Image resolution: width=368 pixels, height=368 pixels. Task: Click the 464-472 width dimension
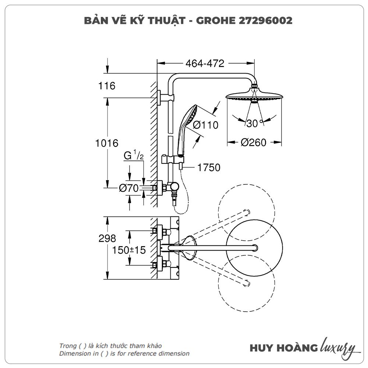205,63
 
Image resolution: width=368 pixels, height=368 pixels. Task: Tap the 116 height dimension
107,86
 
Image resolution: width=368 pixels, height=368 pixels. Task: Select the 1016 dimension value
107,143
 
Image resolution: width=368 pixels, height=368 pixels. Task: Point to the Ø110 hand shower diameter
205,125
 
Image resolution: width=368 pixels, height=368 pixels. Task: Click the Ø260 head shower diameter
253,142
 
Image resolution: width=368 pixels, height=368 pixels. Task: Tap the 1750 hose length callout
209,168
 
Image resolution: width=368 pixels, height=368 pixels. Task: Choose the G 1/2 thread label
133,156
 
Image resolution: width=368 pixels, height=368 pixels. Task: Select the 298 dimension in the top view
107,238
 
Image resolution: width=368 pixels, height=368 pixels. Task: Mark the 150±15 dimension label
129,250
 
